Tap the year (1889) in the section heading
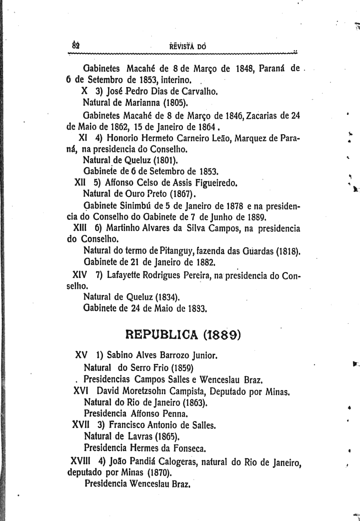click(x=222, y=334)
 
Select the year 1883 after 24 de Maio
click(x=197, y=308)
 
